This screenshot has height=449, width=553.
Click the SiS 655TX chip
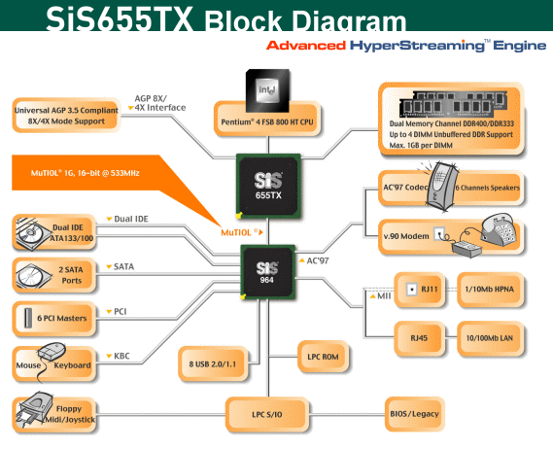click(268, 186)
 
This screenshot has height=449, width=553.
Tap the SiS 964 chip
click(267, 272)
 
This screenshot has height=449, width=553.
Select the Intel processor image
click(267, 90)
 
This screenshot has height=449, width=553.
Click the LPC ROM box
click(323, 357)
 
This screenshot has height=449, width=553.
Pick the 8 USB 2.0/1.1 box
click(213, 363)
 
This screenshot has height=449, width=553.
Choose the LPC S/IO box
click(267, 414)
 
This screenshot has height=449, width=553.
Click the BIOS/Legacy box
click(414, 414)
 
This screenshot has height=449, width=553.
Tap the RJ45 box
click(419, 338)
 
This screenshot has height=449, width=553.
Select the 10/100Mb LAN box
click(490, 338)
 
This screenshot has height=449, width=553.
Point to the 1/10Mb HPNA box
click(490, 290)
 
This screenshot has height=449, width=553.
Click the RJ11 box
click(419, 290)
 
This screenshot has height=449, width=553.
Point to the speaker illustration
click(442, 187)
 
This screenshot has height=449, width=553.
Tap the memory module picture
click(454, 104)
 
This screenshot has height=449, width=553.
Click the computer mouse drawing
click(52, 351)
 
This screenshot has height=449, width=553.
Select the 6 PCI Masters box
click(54, 318)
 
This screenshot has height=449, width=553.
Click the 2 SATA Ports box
click(54, 275)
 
